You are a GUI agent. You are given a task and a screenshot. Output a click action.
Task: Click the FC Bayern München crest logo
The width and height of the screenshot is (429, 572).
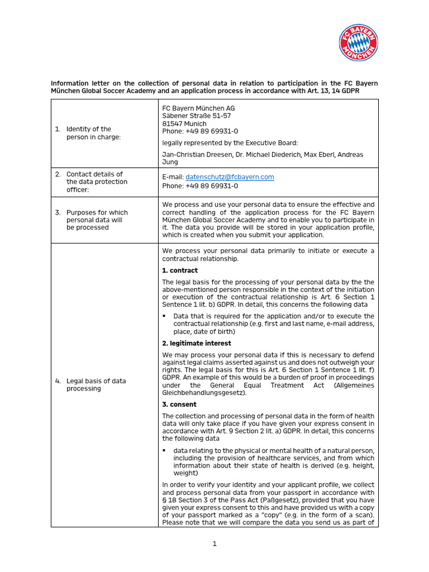coord(359,43)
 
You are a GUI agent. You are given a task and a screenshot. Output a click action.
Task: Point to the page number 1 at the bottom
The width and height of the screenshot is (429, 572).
coord(214,545)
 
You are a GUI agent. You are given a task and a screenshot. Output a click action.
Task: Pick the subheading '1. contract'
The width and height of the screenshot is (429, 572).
coord(180,270)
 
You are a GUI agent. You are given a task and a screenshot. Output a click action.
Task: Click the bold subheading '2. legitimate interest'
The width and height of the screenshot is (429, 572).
coord(197,343)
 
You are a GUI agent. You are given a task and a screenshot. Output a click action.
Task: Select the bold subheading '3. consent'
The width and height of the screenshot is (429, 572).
coord(179,404)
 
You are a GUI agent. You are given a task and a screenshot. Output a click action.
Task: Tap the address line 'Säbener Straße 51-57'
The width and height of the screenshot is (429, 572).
coord(197,116)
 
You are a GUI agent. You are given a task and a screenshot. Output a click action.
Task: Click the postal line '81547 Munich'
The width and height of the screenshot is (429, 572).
coord(184,124)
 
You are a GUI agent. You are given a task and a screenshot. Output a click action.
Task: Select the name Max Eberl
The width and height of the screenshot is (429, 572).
coord(315,154)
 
